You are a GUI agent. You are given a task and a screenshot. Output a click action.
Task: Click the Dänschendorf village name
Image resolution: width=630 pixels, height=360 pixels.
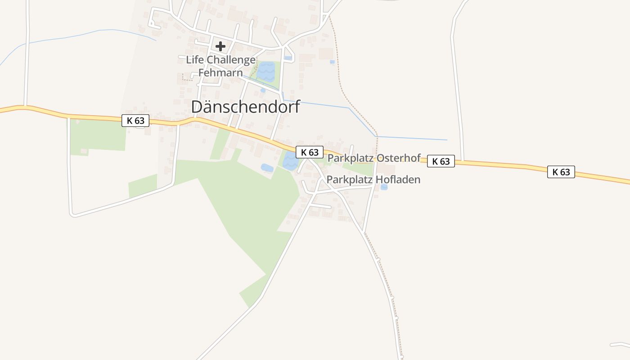(x=245, y=107)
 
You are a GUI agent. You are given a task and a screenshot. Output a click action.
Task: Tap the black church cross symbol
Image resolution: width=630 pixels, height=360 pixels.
(x=220, y=46)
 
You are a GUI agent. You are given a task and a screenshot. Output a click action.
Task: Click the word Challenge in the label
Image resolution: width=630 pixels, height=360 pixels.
(x=231, y=60)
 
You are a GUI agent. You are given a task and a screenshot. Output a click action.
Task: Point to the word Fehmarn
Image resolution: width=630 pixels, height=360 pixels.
(x=220, y=72)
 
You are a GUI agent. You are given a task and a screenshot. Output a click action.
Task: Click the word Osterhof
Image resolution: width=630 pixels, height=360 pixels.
(x=398, y=158)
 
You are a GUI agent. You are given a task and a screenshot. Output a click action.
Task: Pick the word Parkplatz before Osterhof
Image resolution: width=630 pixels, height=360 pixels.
(x=351, y=158)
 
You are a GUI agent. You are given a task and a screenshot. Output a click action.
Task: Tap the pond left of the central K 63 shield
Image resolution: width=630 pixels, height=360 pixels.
(x=289, y=161)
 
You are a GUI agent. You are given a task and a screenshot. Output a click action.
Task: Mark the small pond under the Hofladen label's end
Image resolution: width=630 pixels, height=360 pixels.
(x=384, y=187)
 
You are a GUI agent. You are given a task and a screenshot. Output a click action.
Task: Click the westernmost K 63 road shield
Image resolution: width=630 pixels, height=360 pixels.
(x=135, y=121)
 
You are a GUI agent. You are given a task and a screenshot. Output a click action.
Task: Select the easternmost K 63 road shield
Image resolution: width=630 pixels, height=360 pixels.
(x=561, y=172)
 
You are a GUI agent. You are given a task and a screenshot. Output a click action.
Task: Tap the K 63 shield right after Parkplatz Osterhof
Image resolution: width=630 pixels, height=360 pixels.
(x=441, y=161)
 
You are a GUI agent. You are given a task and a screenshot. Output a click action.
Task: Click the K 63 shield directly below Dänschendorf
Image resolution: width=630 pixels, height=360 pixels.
(x=310, y=152)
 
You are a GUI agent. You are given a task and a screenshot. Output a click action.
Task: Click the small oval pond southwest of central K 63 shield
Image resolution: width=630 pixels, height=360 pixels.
(x=267, y=168)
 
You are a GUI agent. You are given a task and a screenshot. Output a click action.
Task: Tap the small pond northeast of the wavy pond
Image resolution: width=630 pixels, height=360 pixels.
(x=288, y=58)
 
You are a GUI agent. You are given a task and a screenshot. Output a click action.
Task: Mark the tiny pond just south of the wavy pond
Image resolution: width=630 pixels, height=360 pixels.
(x=263, y=90)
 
